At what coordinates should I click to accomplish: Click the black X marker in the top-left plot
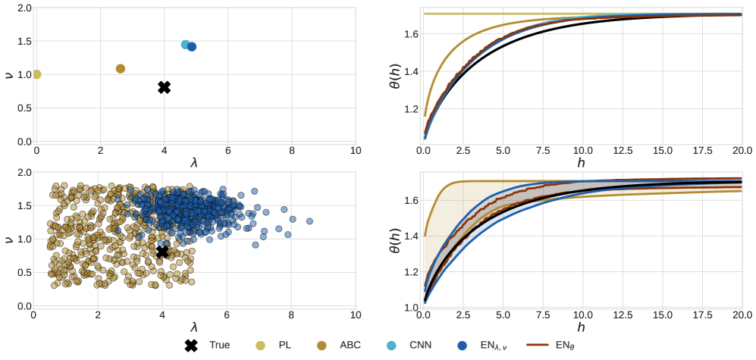(x=164, y=87)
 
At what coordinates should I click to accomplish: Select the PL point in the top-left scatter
(x=36, y=74)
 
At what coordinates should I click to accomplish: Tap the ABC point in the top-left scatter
(x=120, y=69)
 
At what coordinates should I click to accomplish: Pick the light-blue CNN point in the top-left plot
(x=186, y=45)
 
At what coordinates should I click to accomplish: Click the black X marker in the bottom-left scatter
(x=162, y=252)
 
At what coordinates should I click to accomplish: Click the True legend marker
(x=192, y=346)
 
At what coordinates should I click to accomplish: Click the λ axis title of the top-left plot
(x=196, y=161)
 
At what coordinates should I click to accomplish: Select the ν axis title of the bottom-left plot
(x=8, y=239)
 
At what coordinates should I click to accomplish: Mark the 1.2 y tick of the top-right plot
(x=409, y=109)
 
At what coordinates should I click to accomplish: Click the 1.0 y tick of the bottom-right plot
(x=409, y=308)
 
